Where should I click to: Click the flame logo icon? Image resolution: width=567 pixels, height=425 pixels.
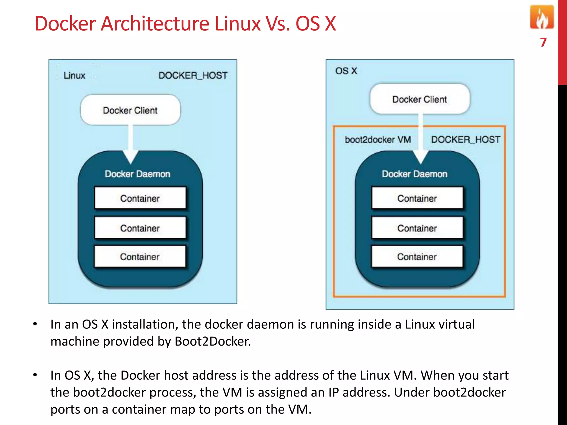tap(542, 17)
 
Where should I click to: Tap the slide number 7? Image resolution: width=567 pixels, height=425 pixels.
tap(543, 42)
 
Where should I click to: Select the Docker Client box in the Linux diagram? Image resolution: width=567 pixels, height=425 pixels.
tap(130, 110)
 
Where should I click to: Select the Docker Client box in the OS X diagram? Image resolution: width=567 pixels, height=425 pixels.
tap(420, 99)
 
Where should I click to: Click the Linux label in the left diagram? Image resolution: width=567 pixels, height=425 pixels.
tap(74, 76)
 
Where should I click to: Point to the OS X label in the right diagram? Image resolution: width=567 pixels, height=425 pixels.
tap(346, 71)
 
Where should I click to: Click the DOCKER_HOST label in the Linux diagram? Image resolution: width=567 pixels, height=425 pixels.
tap(193, 76)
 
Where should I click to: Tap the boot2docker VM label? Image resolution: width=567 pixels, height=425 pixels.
tap(378, 139)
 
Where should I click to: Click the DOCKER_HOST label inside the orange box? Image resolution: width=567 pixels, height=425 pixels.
tap(466, 139)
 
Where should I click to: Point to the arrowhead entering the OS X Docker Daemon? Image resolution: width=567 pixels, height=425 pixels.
tap(421, 157)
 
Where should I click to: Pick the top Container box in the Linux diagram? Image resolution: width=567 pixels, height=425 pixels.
tap(140, 198)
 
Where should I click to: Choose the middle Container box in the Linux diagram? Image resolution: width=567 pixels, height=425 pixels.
tap(140, 228)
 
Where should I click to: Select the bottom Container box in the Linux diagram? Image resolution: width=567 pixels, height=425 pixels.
tap(140, 256)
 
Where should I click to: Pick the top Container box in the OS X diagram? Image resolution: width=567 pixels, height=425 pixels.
tap(417, 198)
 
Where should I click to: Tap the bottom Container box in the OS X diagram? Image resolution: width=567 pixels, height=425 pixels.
tap(417, 256)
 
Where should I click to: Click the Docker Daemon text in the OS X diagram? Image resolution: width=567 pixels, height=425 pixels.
tap(414, 174)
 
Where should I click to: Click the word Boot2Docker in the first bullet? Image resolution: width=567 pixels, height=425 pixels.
tap(212, 341)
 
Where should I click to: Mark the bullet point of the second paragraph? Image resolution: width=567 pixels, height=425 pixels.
tap(35, 375)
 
